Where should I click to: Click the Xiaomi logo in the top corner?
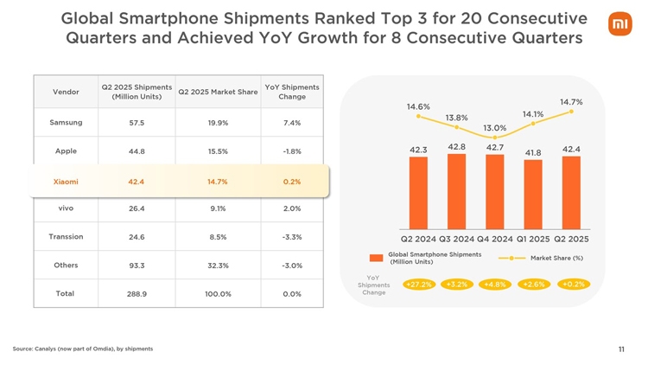[x=620, y=26]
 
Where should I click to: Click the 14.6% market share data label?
[x=418, y=106]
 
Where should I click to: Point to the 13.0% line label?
[x=495, y=128]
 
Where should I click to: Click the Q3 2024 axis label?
[x=456, y=239]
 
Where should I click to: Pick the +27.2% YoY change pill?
[x=418, y=284]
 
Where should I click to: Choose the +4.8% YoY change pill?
[x=495, y=284]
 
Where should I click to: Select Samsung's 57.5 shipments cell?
[x=136, y=123]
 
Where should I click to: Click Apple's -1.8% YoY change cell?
[x=291, y=151]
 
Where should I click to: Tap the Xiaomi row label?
[x=67, y=182]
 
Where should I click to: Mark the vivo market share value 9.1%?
[x=218, y=208]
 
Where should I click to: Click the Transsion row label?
[x=67, y=236]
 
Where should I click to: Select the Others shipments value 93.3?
[x=136, y=266]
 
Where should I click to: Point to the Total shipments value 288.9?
[x=136, y=294]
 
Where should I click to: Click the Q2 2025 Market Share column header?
[x=218, y=93]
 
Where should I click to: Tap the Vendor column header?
[x=67, y=92]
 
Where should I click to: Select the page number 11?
[x=621, y=349]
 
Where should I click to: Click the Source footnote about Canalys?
[x=83, y=349]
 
